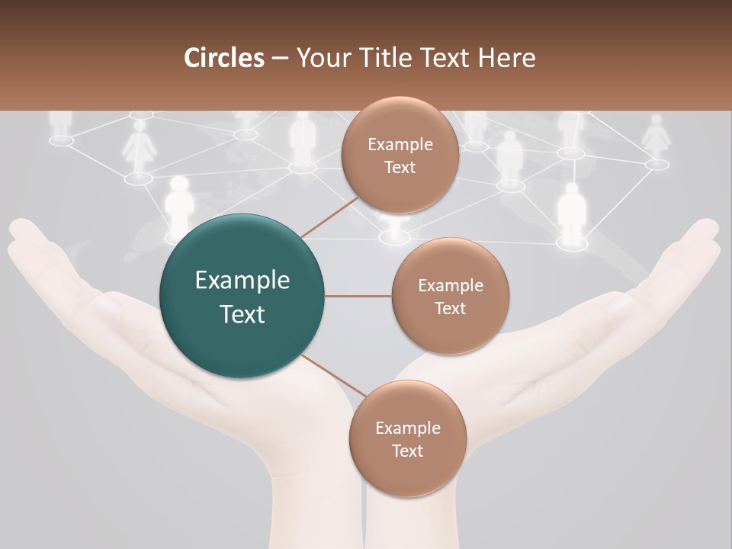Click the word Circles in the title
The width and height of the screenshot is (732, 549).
pos(223,58)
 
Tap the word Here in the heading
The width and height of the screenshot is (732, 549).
pos(506,58)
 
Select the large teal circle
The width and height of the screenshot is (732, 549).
pos(242,296)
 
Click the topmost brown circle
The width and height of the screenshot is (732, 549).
pos(400,156)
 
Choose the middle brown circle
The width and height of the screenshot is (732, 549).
pos(450,296)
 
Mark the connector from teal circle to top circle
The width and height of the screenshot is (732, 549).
pos(329,217)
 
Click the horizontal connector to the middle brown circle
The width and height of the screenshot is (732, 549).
pos(358,296)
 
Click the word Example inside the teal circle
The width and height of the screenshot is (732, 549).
pos(242,281)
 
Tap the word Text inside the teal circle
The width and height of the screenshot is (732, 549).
pos(242,314)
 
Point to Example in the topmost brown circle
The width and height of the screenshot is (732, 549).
pos(400,145)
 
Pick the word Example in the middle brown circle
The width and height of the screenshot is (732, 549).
pos(450,286)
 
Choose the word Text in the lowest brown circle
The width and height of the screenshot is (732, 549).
pos(407,451)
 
